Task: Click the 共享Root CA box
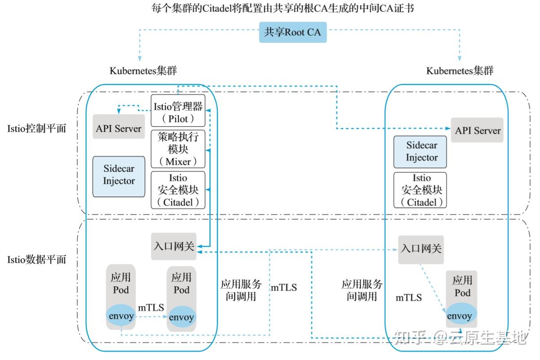(x=292, y=32)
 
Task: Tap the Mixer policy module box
(x=178, y=149)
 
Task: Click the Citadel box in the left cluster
(x=178, y=190)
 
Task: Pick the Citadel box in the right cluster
(x=420, y=190)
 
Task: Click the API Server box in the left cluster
(x=119, y=128)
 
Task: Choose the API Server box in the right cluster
(x=477, y=131)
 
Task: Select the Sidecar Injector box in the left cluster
(x=119, y=176)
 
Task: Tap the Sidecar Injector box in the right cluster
(x=421, y=152)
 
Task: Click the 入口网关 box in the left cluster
(x=174, y=246)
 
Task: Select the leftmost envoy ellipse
(x=120, y=316)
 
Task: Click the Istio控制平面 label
(x=37, y=129)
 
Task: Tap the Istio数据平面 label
(x=37, y=259)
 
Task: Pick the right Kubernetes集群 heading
(x=459, y=71)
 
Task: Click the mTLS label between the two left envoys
(x=150, y=307)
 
